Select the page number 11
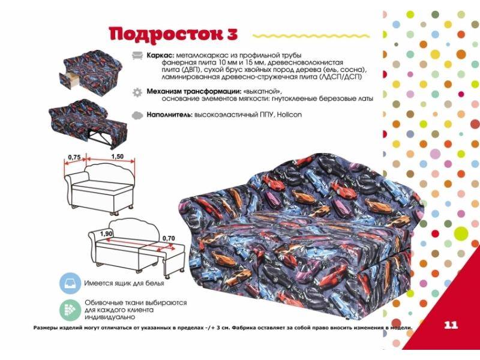451,325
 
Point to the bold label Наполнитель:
167,113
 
